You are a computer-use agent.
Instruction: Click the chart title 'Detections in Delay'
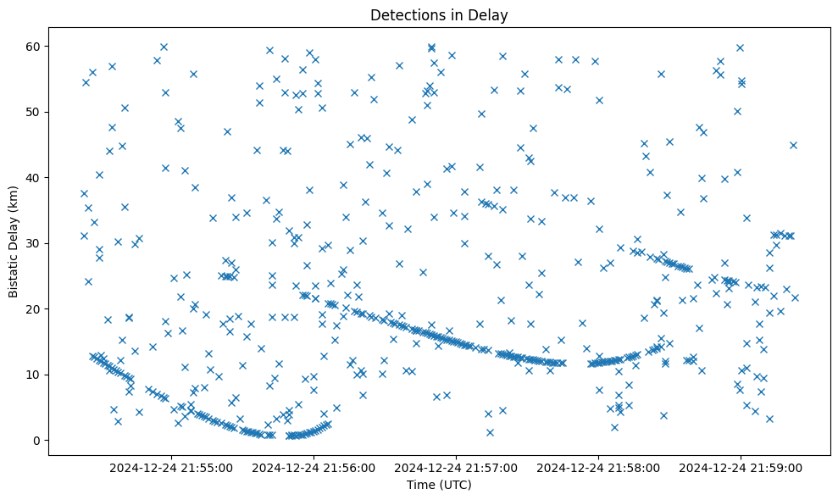pos(439,14)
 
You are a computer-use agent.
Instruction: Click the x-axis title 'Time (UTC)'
pos(439,486)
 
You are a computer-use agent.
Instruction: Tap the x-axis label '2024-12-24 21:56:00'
pos(314,467)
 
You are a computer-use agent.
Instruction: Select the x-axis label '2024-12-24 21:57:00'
pos(457,467)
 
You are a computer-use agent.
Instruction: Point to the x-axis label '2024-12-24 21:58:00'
pos(599,467)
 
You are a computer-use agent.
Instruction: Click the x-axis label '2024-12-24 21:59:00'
pos(741,467)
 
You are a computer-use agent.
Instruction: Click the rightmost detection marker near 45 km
pos(793,145)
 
